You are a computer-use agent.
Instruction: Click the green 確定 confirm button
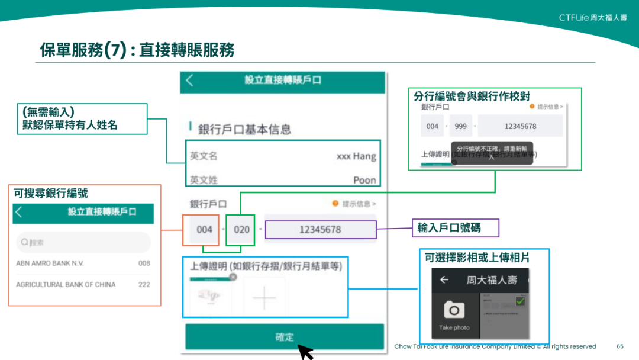[285, 336]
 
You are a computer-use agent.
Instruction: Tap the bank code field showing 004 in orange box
[204, 229]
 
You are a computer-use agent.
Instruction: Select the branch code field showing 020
[241, 229]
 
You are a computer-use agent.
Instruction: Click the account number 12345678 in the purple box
[320, 229]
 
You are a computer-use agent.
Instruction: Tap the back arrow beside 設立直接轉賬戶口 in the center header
[189, 81]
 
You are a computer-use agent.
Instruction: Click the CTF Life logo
[592, 18]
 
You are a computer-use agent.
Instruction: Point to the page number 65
[620, 346]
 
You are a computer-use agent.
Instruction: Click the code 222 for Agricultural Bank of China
[144, 285]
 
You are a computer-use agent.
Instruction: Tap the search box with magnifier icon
[83, 242]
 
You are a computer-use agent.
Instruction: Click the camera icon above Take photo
[454, 310]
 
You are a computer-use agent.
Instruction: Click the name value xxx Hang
[356, 156]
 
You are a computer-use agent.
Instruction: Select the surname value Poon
[364, 180]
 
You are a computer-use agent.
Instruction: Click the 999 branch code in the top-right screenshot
[461, 126]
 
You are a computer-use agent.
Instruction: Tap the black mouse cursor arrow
[305, 352]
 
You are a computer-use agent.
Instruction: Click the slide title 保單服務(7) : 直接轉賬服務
[137, 50]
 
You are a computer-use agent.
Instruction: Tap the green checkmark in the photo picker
[520, 301]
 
